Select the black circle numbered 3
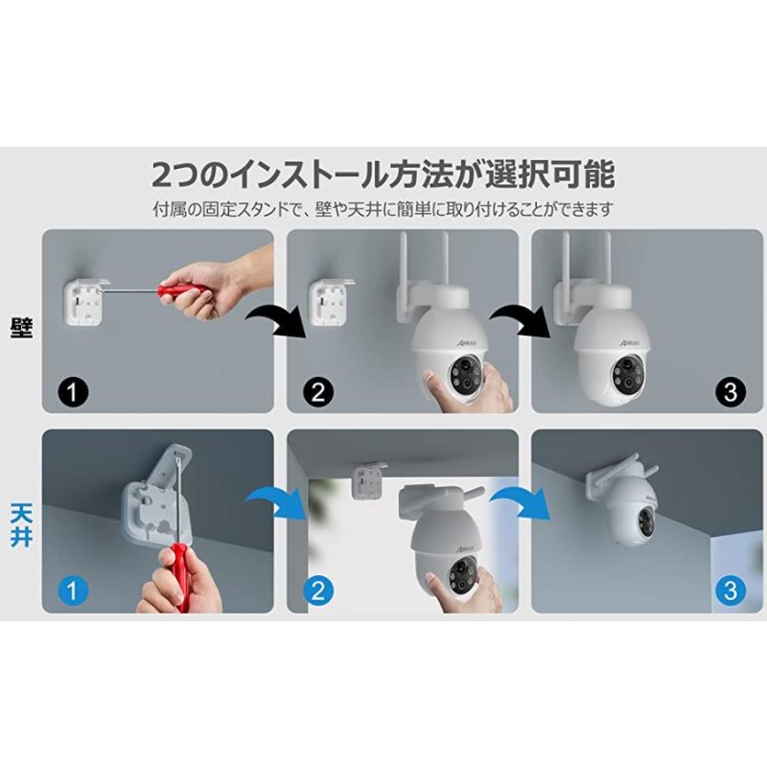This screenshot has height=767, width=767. [731, 391]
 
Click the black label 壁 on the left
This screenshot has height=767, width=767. [20, 328]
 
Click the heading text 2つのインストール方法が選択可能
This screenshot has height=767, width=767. [383, 175]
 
